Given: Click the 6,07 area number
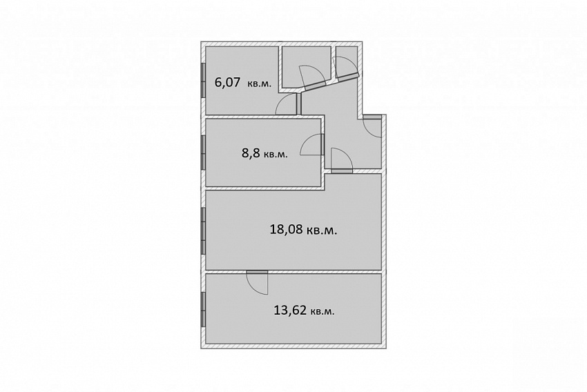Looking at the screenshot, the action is point(227,82).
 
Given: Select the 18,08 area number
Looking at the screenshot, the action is point(286,229).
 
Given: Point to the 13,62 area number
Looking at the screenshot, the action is point(291,310).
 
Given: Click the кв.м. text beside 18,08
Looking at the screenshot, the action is point(322,230).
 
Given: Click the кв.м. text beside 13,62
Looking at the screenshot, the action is point(323,311).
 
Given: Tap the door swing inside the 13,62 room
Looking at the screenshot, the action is point(257,282).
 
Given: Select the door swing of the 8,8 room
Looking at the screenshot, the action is point(311,145).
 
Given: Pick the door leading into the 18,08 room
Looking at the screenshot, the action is point(342,159).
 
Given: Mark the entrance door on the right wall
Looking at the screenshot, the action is point(372,126).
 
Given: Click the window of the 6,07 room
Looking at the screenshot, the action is point(203,81).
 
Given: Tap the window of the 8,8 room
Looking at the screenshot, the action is point(203,152).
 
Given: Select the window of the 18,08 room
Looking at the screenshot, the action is point(203,231).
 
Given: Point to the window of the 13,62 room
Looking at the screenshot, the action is point(203,309).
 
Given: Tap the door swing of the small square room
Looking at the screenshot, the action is point(309,77).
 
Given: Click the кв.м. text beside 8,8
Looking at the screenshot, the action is point(276,155).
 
